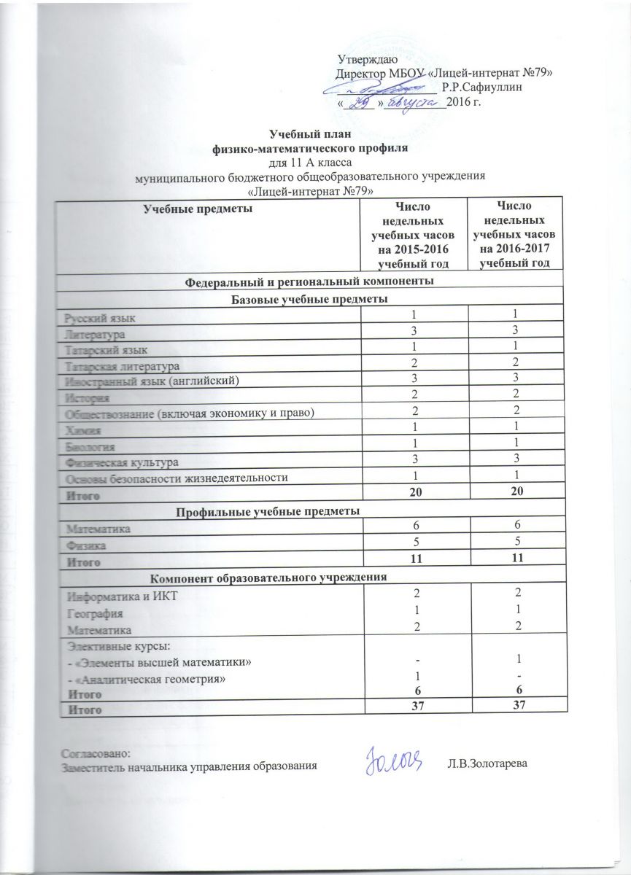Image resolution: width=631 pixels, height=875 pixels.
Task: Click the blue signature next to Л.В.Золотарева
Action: [394, 759]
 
